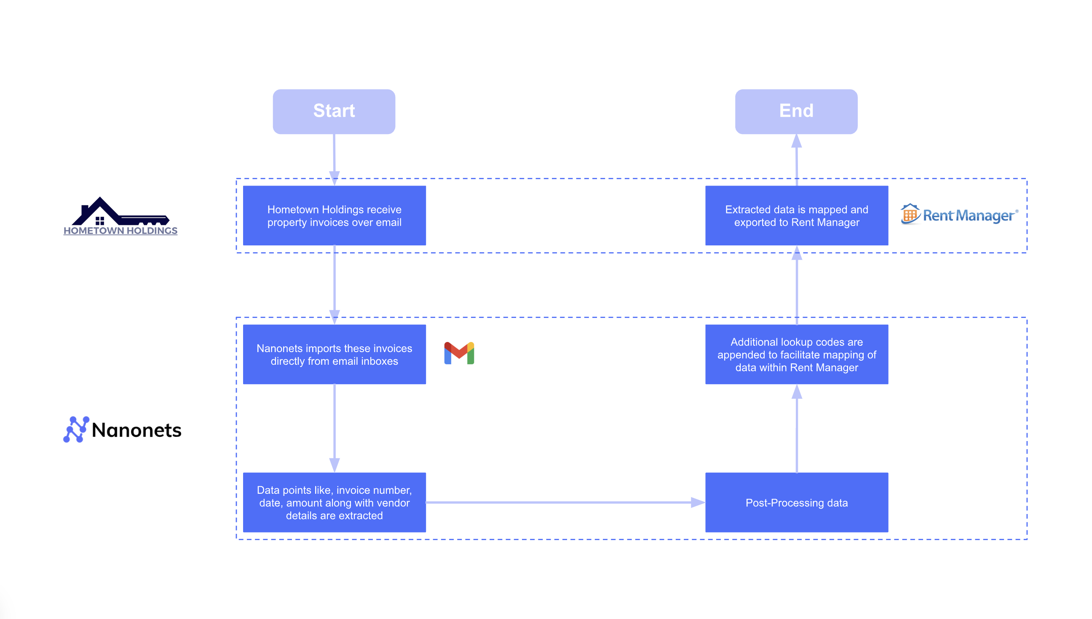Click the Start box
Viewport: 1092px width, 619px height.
coord(334,111)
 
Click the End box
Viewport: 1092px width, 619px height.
coord(796,111)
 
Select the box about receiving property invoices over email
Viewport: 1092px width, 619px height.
coord(334,215)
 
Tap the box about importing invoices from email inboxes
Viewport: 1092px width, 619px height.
coord(334,354)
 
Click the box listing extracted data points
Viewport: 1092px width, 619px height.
coord(334,502)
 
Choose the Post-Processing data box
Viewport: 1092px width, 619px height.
coord(796,502)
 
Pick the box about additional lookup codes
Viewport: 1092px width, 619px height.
coord(796,354)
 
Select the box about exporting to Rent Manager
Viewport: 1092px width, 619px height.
coord(796,215)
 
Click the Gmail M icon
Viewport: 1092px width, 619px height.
coord(459,353)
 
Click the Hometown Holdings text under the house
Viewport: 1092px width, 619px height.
coord(120,230)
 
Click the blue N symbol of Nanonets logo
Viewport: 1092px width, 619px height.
coord(75,429)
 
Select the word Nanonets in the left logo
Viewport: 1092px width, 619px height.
coord(136,430)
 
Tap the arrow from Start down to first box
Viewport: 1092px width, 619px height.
coord(334,157)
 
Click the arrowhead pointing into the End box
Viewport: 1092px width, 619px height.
coord(796,141)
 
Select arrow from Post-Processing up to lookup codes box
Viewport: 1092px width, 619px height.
coord(796,429)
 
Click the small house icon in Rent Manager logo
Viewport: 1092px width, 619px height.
coord(909,213)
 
